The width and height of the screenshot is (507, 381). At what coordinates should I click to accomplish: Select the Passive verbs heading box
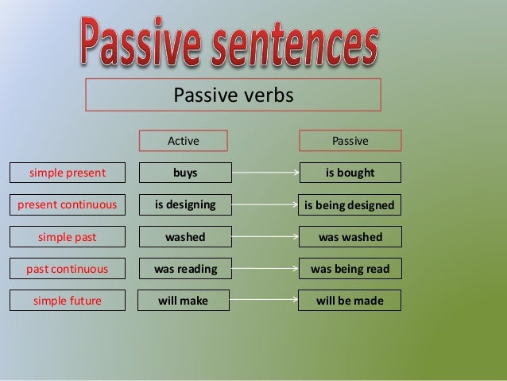pyautogui.click(x=233, y=95)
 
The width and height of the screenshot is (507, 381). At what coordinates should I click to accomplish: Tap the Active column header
pyautogui.click(x=183, y=141)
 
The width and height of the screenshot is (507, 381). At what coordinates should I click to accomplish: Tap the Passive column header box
pyautogui.click(x=350, y=141)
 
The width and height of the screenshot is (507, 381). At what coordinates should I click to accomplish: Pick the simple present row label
pyautogui.click(x=67, y=173)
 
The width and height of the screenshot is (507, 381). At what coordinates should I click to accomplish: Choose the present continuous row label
pyautogui.click(x=67, y=204)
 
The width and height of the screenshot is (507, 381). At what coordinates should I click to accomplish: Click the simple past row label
pyautogui.click(x=67, y=236)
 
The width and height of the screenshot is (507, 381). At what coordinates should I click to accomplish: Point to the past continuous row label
pyautogui.click(x=67, y=269)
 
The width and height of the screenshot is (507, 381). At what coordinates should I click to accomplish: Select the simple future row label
pyautogui.click(x=67, y=301)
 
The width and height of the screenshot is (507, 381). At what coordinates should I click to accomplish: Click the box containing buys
pyautogui.click(x=185, y=173)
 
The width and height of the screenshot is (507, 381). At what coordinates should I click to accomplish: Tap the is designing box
pyautogui.click(x=185, y=204)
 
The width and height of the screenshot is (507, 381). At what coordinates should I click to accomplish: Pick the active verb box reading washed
pyautogui.click(x=185, y=236)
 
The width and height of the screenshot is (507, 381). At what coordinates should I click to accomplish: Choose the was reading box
pyautogui.click(x=185, y=269)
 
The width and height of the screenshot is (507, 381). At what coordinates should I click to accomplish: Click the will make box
pyautogui.click(x=184, y=301)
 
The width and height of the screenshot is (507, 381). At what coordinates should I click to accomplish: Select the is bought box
pyautogui.click(x=350, y=173)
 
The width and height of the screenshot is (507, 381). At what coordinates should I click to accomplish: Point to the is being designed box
pyautogui.click(x=350, y=205)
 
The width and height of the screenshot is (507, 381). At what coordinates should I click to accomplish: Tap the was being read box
pyautogui.click(x=350, y=269)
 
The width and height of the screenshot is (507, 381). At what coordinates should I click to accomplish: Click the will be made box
pyautogui.click(x=350, y=301)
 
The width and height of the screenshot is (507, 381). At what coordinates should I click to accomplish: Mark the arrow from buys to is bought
pyautogui.click(x=265, y=173)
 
